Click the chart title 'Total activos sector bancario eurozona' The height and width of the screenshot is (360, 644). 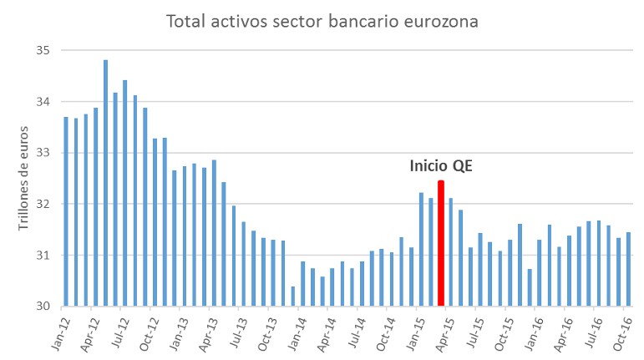tap(322, 21)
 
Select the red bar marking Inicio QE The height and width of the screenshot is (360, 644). tap(441, 243)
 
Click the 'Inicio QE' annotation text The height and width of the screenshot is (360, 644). tap(441, 166)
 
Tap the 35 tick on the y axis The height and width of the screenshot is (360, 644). tap(43, 51)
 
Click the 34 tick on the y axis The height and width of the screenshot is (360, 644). tap(43, 102)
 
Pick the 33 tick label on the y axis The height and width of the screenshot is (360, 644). tap(43, 153)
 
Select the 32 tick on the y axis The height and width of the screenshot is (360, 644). tap(43, 204)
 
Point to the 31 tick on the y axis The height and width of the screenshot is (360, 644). tap(43, 255)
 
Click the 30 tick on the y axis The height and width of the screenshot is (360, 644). tap(43, 306)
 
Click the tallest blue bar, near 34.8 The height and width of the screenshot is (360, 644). tap(105, 184)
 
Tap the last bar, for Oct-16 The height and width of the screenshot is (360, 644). tap(628, 269)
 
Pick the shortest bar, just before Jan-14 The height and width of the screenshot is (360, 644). tap(293, 296)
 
